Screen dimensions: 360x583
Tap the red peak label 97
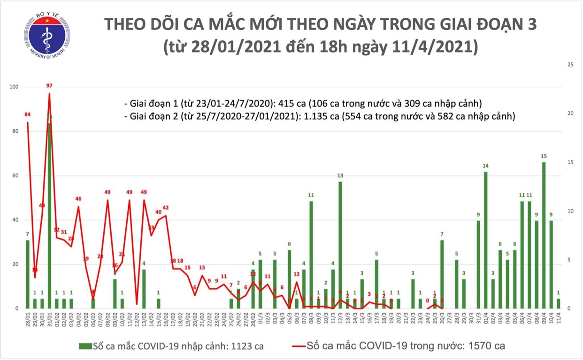[x=49, y=86]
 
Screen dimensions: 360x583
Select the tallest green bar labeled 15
[x=544, y=235]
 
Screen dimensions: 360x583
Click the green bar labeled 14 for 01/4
[x=485, y=239]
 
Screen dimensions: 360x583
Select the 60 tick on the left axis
[x=15, y=176]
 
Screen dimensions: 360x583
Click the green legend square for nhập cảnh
[x=85, y=346]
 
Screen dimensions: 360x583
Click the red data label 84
[x=28, y=115]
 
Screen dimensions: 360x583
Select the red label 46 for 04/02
[x=78, y=199]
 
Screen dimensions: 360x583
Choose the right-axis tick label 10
[x=571, y=211]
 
